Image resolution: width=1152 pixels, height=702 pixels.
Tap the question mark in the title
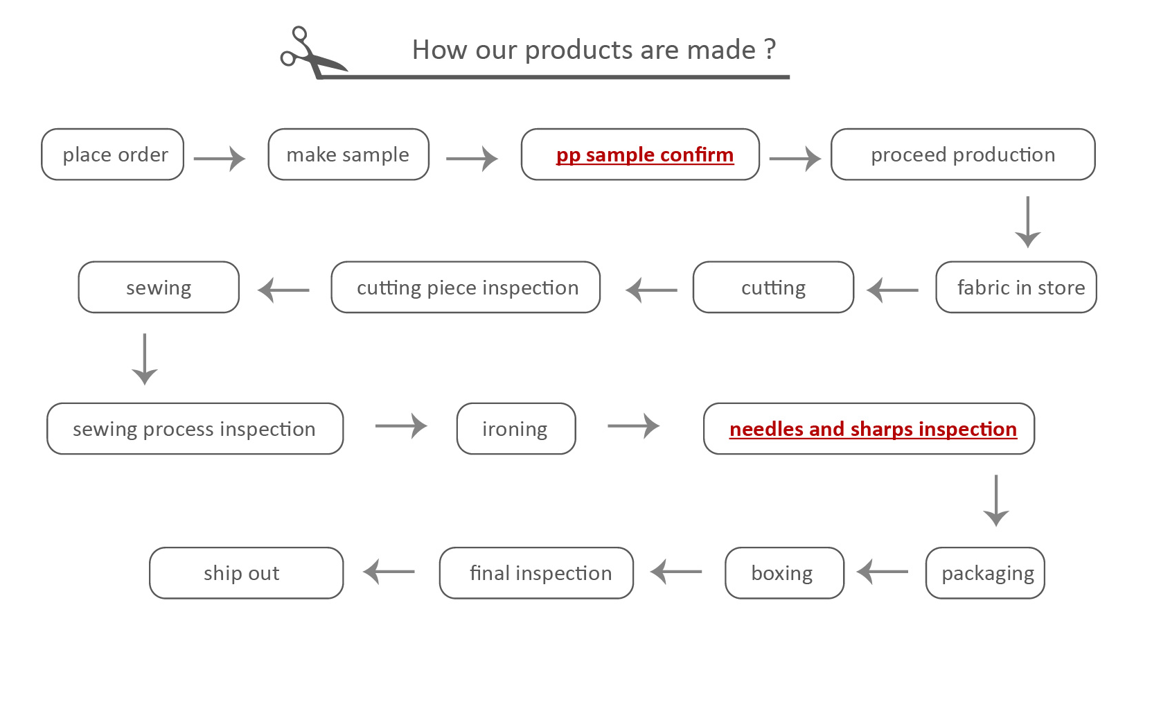770,50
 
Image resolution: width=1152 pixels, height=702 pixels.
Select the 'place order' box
113,155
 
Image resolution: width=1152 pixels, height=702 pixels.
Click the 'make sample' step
348,155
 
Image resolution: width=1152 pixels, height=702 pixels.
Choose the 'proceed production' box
963,155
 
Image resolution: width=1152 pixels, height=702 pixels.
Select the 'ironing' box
516,429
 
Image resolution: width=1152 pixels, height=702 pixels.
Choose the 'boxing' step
784,573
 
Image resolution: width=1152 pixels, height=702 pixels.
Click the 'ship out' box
246,573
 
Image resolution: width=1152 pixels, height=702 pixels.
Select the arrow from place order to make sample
220,159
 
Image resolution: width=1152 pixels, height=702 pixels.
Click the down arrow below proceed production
1027,222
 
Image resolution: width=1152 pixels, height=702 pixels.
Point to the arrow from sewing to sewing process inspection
145,359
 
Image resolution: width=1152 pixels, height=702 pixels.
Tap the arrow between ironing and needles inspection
633,426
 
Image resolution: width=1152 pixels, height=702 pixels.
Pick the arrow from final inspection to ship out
389,572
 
